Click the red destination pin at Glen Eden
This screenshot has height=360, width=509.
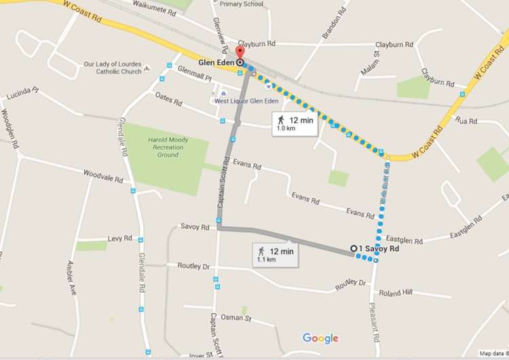pyautogui.click(x=239, y=54)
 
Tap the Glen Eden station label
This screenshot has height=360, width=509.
pyautogui.click(x=215, y=62)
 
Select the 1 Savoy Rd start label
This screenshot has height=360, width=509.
pyautogui.click(x=380, y=248)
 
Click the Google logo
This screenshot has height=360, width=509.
pyautogui.click(x=320, y=338)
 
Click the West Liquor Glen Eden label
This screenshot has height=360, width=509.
pyautogui.click(x=246, y=101)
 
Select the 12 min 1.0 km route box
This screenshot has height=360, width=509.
pyautogui.click(x=295, y=123)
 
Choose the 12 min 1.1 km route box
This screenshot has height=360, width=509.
pyautogui.click(x=275, y=255)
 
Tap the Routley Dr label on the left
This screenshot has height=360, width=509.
pyautogui.click(x=193, y=266)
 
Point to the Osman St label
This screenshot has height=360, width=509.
pyautogui.click(x=238, y=318)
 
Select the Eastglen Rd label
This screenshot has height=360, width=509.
pyautogui.click(x=404, y=240)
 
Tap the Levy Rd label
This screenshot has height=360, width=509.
pyautogui.click(x=119, y=239)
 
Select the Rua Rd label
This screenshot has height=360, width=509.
pyautogui.click(x=468, y=121)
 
